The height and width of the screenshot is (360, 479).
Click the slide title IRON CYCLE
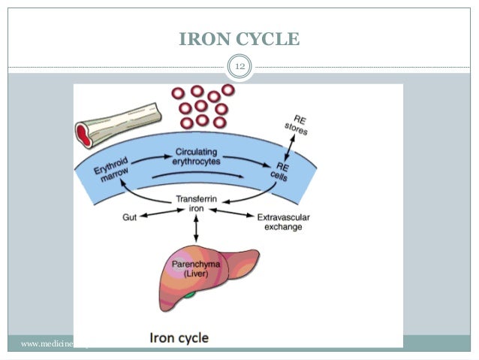click(x=239, y=38)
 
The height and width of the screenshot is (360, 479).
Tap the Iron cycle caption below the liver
click(x=179, y=336)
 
